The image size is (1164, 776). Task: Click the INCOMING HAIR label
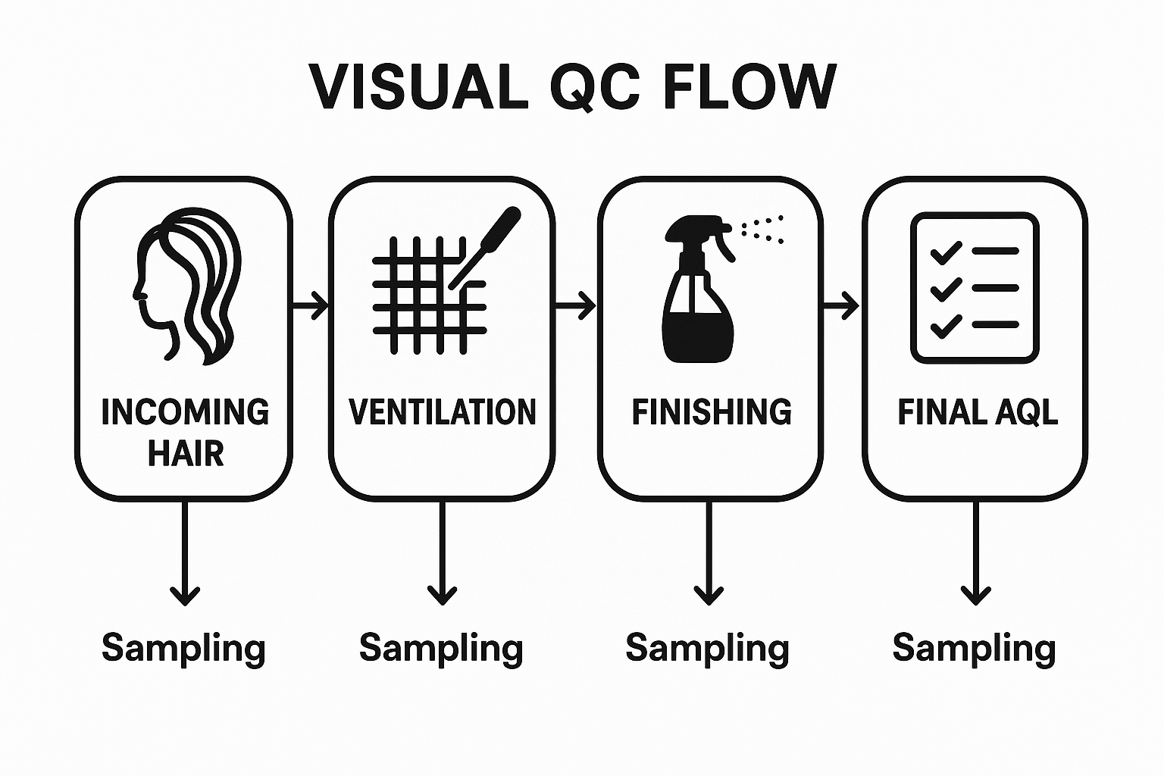coord(185,432)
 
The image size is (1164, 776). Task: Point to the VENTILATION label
coord(443,411)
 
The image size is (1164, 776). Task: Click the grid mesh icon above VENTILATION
coord(426,296)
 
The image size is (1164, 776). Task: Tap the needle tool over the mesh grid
coord(486,246)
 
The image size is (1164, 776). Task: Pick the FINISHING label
coord(711,411)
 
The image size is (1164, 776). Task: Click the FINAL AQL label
coord(977,411)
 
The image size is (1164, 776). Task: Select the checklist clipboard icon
coord(975,287)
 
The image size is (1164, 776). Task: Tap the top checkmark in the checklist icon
coord(946,252)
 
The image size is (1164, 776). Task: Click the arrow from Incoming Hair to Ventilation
coord(311,306)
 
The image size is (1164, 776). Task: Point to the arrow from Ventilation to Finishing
coord(576,306)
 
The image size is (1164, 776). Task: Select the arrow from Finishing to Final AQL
coord(841,306)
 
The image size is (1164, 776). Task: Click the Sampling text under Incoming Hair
coord(183,649)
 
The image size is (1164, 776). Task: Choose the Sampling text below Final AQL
coord(974,649)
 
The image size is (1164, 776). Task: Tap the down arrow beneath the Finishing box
coord(709,553)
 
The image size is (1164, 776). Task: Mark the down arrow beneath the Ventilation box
coord(443,553)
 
